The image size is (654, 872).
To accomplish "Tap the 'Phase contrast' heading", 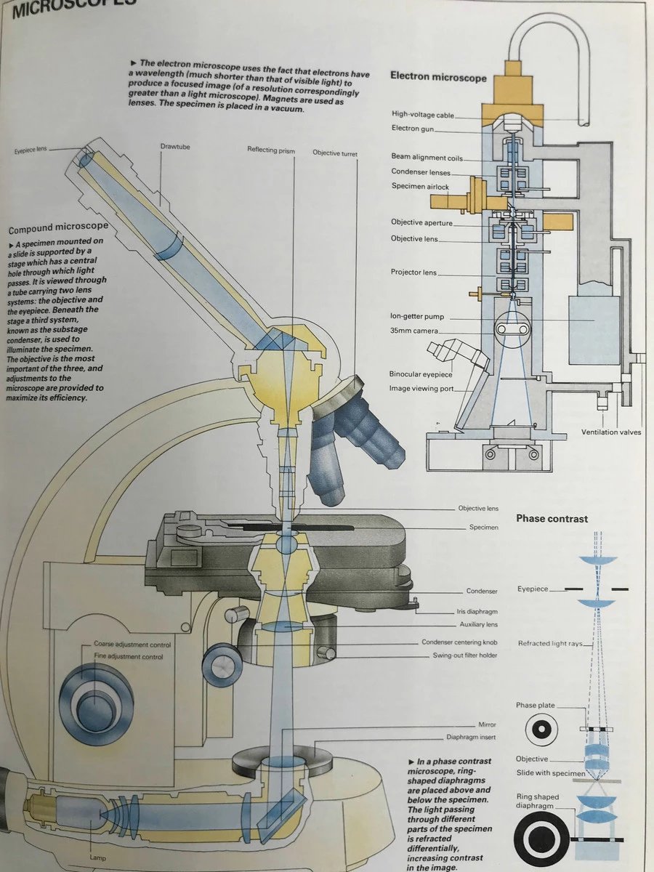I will [552, 519].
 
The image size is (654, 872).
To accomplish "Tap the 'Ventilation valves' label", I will [611, 432].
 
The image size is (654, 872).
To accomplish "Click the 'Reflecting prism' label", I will [272, 150].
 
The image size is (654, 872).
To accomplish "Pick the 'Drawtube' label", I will [174, 148].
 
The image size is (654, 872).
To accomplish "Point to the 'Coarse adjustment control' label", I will [132, 645].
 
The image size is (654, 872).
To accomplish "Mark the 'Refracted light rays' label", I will [550, 644].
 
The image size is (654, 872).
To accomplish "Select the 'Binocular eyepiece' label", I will [420, 374].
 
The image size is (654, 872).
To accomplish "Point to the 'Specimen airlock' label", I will [420, 187].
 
